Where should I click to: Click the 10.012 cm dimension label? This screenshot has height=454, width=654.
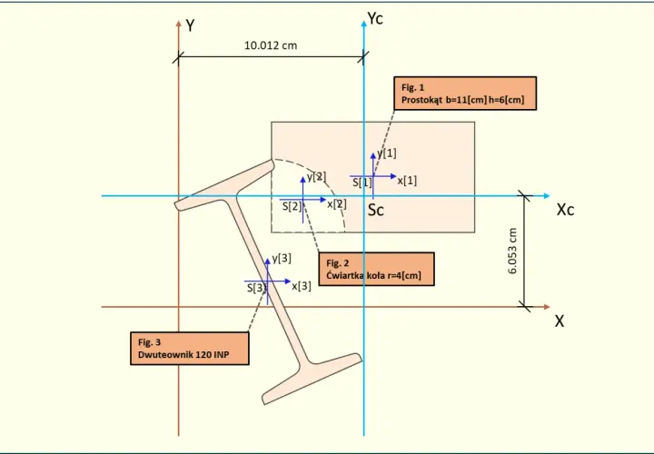(271, 45)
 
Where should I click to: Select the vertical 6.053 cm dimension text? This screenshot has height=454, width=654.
(512, 251)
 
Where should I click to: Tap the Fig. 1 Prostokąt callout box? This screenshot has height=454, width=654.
(465, 94)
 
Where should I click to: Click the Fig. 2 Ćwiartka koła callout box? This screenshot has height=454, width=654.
(376, 269)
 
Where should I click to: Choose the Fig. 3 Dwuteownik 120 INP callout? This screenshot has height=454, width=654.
(190, 349)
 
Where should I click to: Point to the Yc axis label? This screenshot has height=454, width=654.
(375, 18)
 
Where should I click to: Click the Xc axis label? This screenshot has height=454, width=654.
(565, 210)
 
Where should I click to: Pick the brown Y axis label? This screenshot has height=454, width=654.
(190, 25)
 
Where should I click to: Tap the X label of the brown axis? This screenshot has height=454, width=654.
(560, 321)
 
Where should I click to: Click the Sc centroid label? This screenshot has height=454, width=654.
(376, 210)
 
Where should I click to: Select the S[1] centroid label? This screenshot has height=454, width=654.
(362, 183)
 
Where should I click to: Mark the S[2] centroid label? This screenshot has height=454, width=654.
(292, 206)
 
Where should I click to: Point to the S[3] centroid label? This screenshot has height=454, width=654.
(256, 288)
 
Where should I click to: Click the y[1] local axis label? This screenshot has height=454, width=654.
(387, 153)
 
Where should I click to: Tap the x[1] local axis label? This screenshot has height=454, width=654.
(407, 181)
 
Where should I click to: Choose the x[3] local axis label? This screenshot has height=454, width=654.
(302, 286)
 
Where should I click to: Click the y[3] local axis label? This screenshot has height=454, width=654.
(282, 259)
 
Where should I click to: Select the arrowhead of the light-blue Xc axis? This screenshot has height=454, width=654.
(547, 196)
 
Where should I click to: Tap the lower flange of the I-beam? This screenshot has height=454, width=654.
(312, 379)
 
